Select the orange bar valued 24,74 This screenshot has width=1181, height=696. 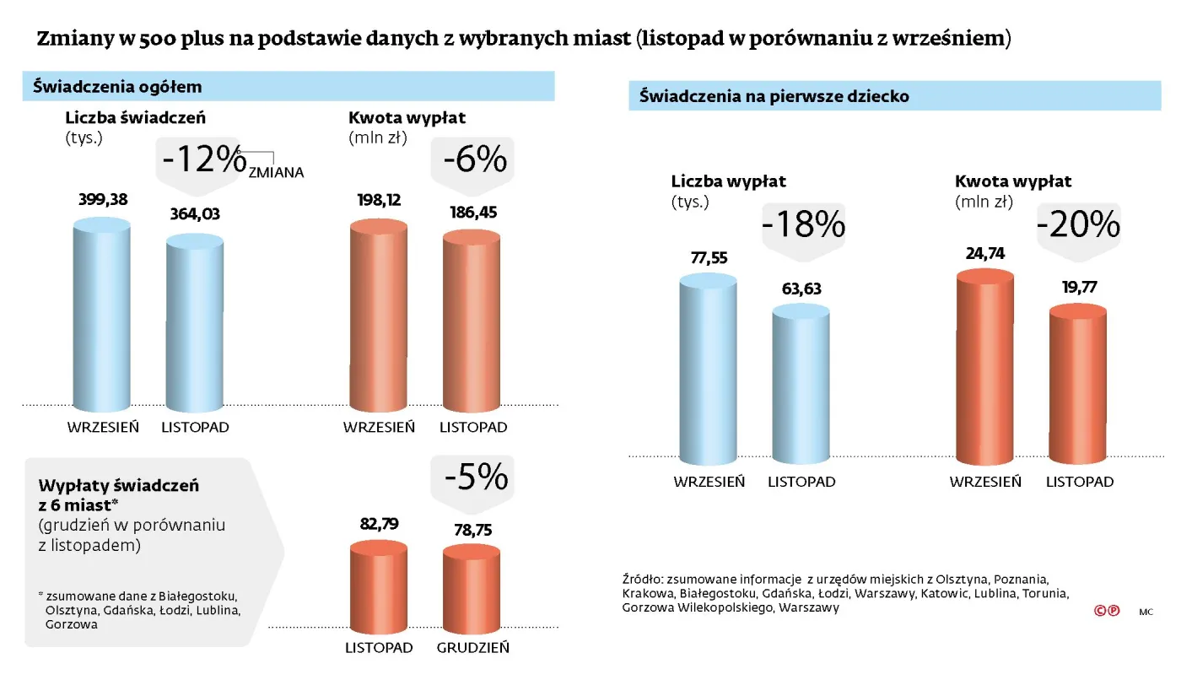(984, 367)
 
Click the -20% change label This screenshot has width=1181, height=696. (1078, 224)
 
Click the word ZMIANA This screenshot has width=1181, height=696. (276, 172)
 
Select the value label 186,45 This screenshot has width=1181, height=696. (471, 213)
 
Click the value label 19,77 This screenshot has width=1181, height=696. (1077, 288)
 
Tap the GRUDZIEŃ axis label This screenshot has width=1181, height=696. (472, 648)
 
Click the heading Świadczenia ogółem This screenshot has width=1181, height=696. (117, 87)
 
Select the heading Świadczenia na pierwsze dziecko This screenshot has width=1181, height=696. (774, 96)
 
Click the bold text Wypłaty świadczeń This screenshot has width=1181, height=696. (118, 486)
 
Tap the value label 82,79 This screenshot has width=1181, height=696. (378, 524)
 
